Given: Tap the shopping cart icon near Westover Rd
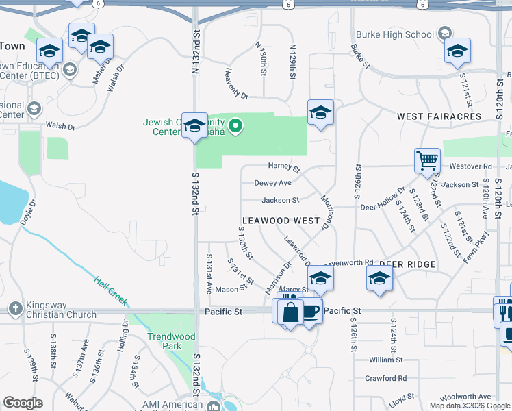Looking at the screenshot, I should click(427, 162).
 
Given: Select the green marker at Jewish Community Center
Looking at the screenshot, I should click(235, 125).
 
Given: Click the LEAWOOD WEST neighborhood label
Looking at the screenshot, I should click(279, 221).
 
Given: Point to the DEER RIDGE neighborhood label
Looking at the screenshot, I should click(407, 264).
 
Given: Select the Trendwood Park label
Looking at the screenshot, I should click(171, 341).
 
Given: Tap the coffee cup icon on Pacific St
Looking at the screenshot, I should click(311, 312).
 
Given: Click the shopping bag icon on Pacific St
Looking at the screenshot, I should click(290, 312).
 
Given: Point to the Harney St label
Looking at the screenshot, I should click(284, 166).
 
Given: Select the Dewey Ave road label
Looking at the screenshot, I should click(272, 183).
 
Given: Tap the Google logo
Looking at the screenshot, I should click(23, 403).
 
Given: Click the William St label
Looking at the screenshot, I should click(385, 360).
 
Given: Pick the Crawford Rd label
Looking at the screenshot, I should click(385, 378).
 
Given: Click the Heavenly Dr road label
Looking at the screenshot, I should click(235, 84).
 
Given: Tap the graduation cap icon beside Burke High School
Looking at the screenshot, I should click(444, 33).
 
